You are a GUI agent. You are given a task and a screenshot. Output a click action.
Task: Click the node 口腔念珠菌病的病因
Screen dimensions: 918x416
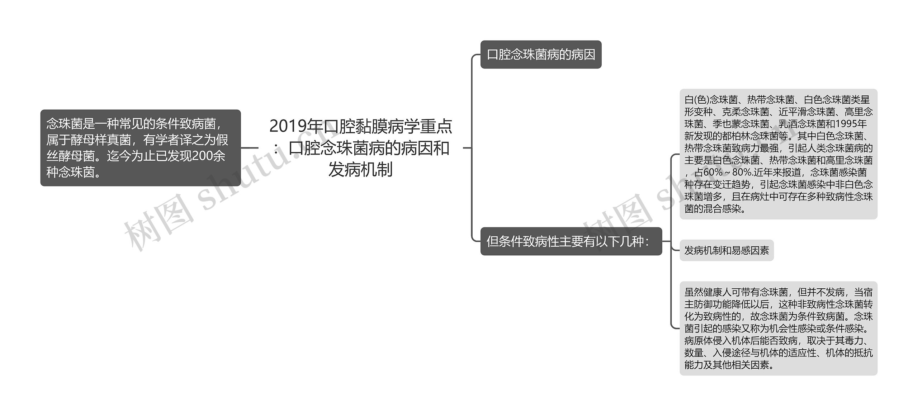(541, 55)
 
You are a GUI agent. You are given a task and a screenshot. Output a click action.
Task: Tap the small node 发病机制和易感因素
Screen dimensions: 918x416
(727, 250)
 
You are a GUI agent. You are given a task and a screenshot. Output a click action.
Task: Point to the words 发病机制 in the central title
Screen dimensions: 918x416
(360, 170)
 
